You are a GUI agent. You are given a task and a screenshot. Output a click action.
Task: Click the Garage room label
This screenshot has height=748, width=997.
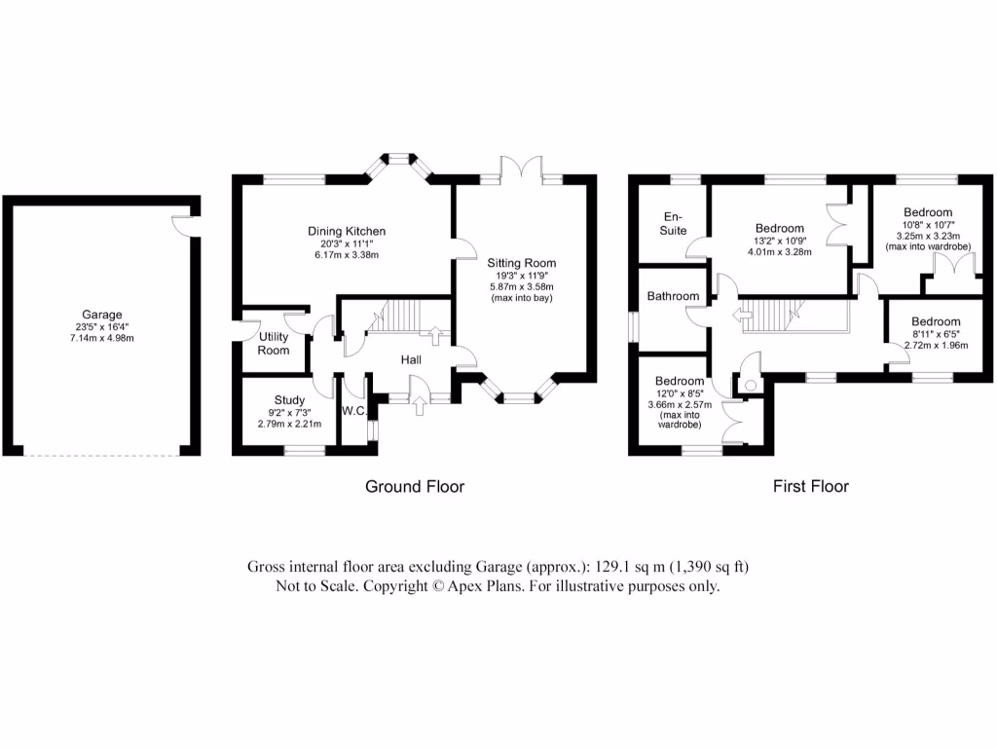pyautogui.click(x=101, y=315)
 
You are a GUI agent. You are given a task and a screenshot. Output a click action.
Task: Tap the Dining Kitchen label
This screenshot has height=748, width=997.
pyautogui.click(x=347, y=231)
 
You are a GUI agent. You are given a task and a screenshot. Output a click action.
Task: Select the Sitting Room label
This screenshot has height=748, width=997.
pyautogui.click(x=522, y=263)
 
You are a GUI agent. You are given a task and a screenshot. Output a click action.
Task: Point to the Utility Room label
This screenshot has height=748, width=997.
pyautogui.click(x=274, y=342)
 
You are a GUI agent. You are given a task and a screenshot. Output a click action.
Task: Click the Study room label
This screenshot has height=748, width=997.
pyautogui.click(x=289, y=400)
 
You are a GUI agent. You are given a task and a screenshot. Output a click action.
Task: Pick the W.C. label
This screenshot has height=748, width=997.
pyautogui.click(x=352, y=411)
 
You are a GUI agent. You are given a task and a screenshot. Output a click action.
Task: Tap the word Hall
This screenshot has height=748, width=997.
pyautogui.click(x=411, y=360)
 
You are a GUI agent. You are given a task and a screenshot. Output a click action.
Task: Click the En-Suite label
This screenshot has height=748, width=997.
pyautogui.click(x=672, y=223)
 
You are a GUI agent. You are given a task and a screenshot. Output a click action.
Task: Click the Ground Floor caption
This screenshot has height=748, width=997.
pyautogui.click(x=415, y=486)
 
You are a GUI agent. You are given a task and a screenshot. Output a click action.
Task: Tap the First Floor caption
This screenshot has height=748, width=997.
pyautogui.click(x=811, y=486)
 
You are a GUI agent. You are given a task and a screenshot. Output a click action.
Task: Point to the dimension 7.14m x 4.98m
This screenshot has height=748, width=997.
pyautogui.click(x=101, y=338)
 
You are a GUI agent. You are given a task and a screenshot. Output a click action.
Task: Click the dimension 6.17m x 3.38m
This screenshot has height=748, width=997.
pyautogui.click(x=347, y=255)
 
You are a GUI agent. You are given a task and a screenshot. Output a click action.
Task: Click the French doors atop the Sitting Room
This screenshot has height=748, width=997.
pyautogui.click(x=522, y=168)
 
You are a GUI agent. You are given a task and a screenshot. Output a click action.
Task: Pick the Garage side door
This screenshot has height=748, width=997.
pyautogui.click(x=182, y=223)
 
